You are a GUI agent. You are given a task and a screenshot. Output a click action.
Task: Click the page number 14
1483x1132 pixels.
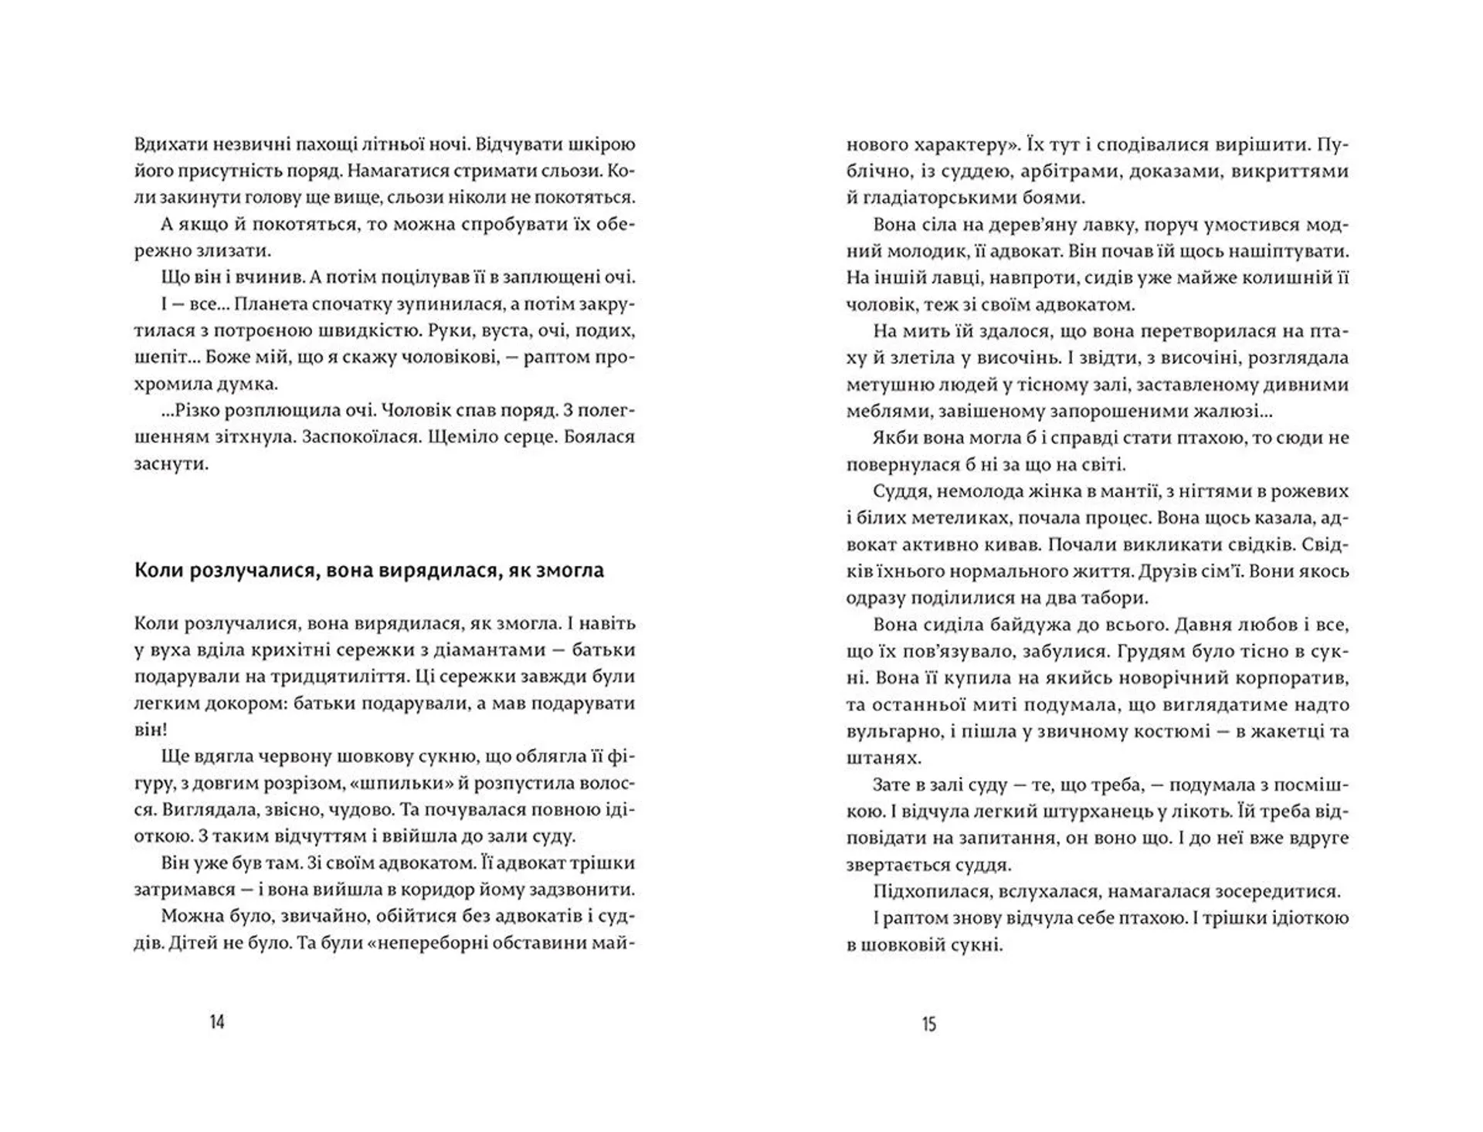click(x=217, y=1022)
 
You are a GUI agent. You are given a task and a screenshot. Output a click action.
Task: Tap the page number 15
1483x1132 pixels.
click(x=928, y=1024)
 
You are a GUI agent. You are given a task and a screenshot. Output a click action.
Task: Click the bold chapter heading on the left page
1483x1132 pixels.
click(x=369, y=571)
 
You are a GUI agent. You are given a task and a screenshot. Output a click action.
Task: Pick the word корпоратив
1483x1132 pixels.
click(x=1289, y=678)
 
